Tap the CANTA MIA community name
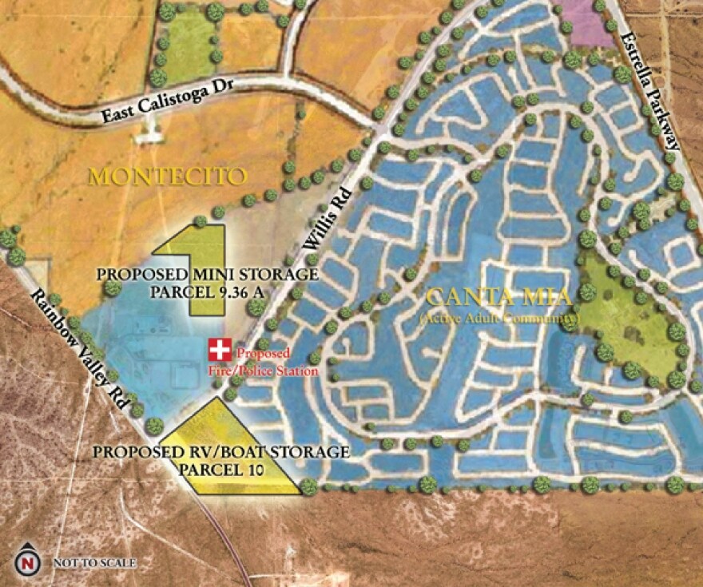tap(498, 299)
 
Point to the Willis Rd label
tap(328, 226)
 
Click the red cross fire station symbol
tap(219, 349)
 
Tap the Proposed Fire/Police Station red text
tap(266, 362)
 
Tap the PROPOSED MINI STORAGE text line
tap(208, 275)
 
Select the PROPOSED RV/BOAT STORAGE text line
tap(220, 452)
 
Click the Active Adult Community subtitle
tap(498, 319)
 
